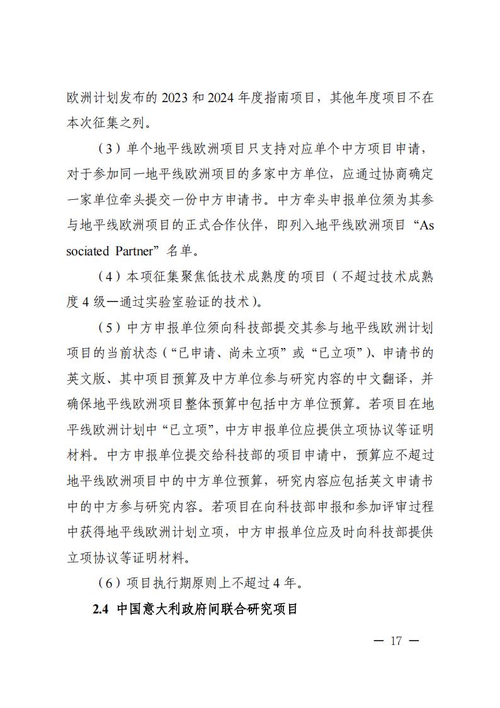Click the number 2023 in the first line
[177, 99]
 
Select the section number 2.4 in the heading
[101, 610]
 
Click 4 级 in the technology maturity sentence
[91, 301]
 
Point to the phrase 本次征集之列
[106, 123]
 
